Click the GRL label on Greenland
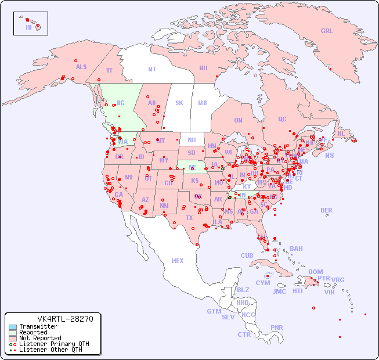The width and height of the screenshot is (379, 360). pos(327,31)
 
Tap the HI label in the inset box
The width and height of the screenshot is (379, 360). pos(28,27)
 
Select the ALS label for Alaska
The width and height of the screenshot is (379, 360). pos(81,67)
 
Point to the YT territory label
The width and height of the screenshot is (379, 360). pos(109,70)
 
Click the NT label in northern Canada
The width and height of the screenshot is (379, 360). pos(152,69)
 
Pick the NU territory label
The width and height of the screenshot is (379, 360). pos(203,68)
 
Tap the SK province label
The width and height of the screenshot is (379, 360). pos(179,103)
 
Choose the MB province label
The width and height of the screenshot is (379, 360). pos(203,103)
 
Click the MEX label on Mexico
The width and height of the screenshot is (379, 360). pos(178,261)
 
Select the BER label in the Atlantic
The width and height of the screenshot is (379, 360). pos(327,210)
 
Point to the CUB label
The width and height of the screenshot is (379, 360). pos(247,255)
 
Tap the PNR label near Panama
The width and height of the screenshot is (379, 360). pos(277,327)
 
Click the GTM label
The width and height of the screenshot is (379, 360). pos(214,311)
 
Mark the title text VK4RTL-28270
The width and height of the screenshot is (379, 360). pos(53,319)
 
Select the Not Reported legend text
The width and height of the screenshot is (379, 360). pos(40,338)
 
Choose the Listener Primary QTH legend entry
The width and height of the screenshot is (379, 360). pos(46,344)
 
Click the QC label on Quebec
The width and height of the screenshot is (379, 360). pos(282,119)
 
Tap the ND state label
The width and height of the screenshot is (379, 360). pos(192,140)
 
